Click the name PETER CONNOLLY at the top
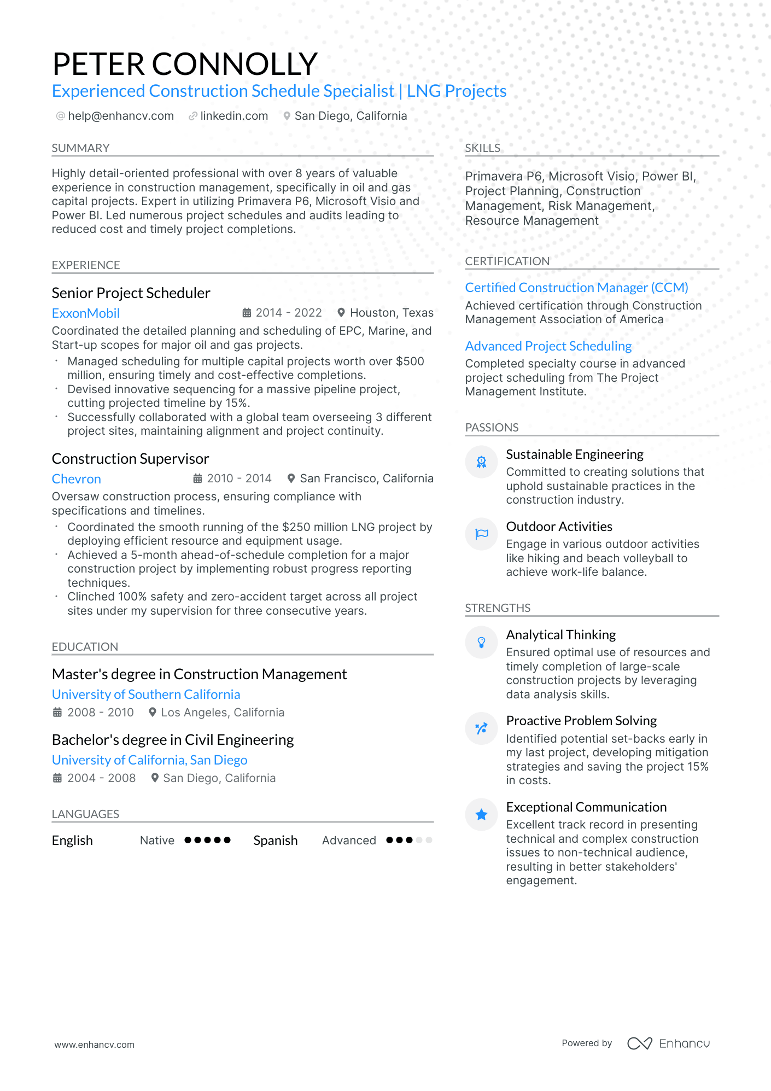tap(185, 64)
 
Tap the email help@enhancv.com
tap(120, 116)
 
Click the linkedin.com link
tap(233, 116)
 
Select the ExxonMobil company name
tap(86, 313)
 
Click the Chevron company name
tap(77, 479)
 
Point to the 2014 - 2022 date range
tap(288, 313)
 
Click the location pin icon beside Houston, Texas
tap(341, 313)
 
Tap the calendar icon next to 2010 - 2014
tap(198, 479)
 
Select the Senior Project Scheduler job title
tap(131, 293)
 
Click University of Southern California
tap(146, 695)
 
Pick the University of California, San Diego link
tap(149, 760)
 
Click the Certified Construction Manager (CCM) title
tap(576, 288)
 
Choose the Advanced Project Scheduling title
tap(548, 346)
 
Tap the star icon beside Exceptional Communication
tap(481, 815)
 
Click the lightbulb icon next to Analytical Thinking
tap(481, 643)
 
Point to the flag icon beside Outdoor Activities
tap(481, 534)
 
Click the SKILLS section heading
tap(482, 148)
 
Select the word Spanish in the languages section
tap(275, 841)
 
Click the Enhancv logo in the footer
tap(668, 1043)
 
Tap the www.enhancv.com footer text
tap(94, 1045)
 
